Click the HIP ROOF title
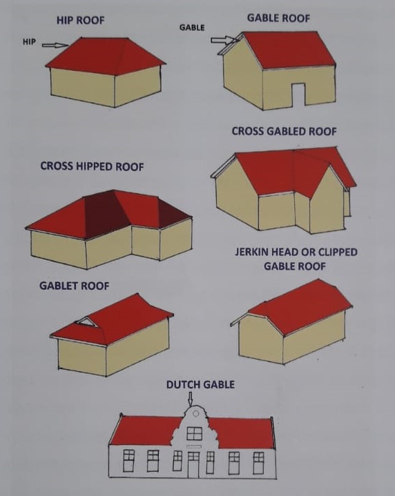tap(81, 20)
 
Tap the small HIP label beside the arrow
tap(29, 42)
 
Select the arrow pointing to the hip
tap(55, 46)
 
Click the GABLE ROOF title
tap(278, 18)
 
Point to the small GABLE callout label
tap(192, 28)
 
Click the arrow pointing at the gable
tap(224, 40)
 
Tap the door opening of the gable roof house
tap(298, 95)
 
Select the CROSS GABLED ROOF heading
tap(284, 131)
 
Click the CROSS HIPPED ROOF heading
tap(92, 166)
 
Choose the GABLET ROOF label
tap(74, 286)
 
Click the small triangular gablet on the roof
tap(86, 322)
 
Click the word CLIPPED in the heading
tap(338, 252)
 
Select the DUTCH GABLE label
tap(200, 385)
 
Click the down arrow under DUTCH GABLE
tap(190, 399)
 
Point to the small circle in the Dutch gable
tap(195, 413)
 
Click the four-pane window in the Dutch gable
tap(194, 433)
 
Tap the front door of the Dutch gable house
tap(193, 464)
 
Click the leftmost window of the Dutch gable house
tap(128, 460)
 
